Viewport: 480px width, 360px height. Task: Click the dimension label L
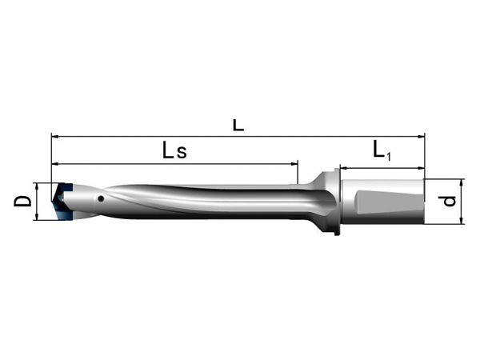[238, 126]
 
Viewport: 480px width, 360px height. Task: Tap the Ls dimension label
[174, 150]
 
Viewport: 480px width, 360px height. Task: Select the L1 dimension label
[382, 150]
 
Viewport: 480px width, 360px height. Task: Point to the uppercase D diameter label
[22, 201]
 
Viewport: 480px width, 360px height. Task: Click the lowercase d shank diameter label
[449, 201]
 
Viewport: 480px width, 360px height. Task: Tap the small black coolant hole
[101, 199]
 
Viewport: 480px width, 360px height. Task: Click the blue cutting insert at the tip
[62, 201]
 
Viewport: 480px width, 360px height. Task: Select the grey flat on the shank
[388, 202]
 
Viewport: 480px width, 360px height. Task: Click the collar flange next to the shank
[337, 201]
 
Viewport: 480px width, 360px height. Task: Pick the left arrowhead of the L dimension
[54, 137]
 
